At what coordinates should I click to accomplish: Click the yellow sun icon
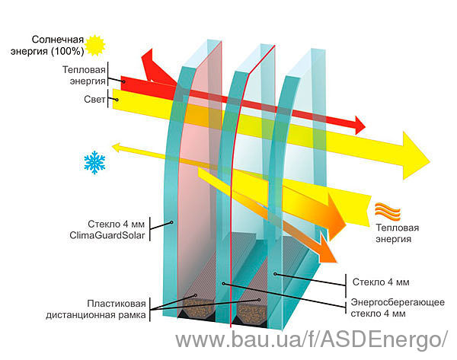click(x=94, y=45)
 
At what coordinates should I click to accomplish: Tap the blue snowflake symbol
click(x=94, y=162)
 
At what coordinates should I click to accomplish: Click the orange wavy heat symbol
click(x=388, y=211)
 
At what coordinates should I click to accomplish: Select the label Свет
click(x=94, y=99)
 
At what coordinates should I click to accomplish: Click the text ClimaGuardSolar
click(x=107, y=235)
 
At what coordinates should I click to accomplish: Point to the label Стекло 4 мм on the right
click(x=381, y=282)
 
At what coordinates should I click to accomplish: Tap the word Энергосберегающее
click(x=398, y=302)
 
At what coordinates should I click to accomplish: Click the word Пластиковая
click(x=117, y=304)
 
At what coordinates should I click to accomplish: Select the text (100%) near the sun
click(x=67, y=51)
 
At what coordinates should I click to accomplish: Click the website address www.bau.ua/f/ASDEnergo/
click(x=311, y=339)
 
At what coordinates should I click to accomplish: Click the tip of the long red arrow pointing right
click(x=365, y=126)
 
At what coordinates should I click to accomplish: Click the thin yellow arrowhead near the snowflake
click(x=116, y=148)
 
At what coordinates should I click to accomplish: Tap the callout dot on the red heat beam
click(x=123, y=82)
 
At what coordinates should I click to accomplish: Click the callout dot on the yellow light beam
click(x=117, y=100)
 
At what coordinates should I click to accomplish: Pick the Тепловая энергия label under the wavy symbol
click(x=397, y=234)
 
